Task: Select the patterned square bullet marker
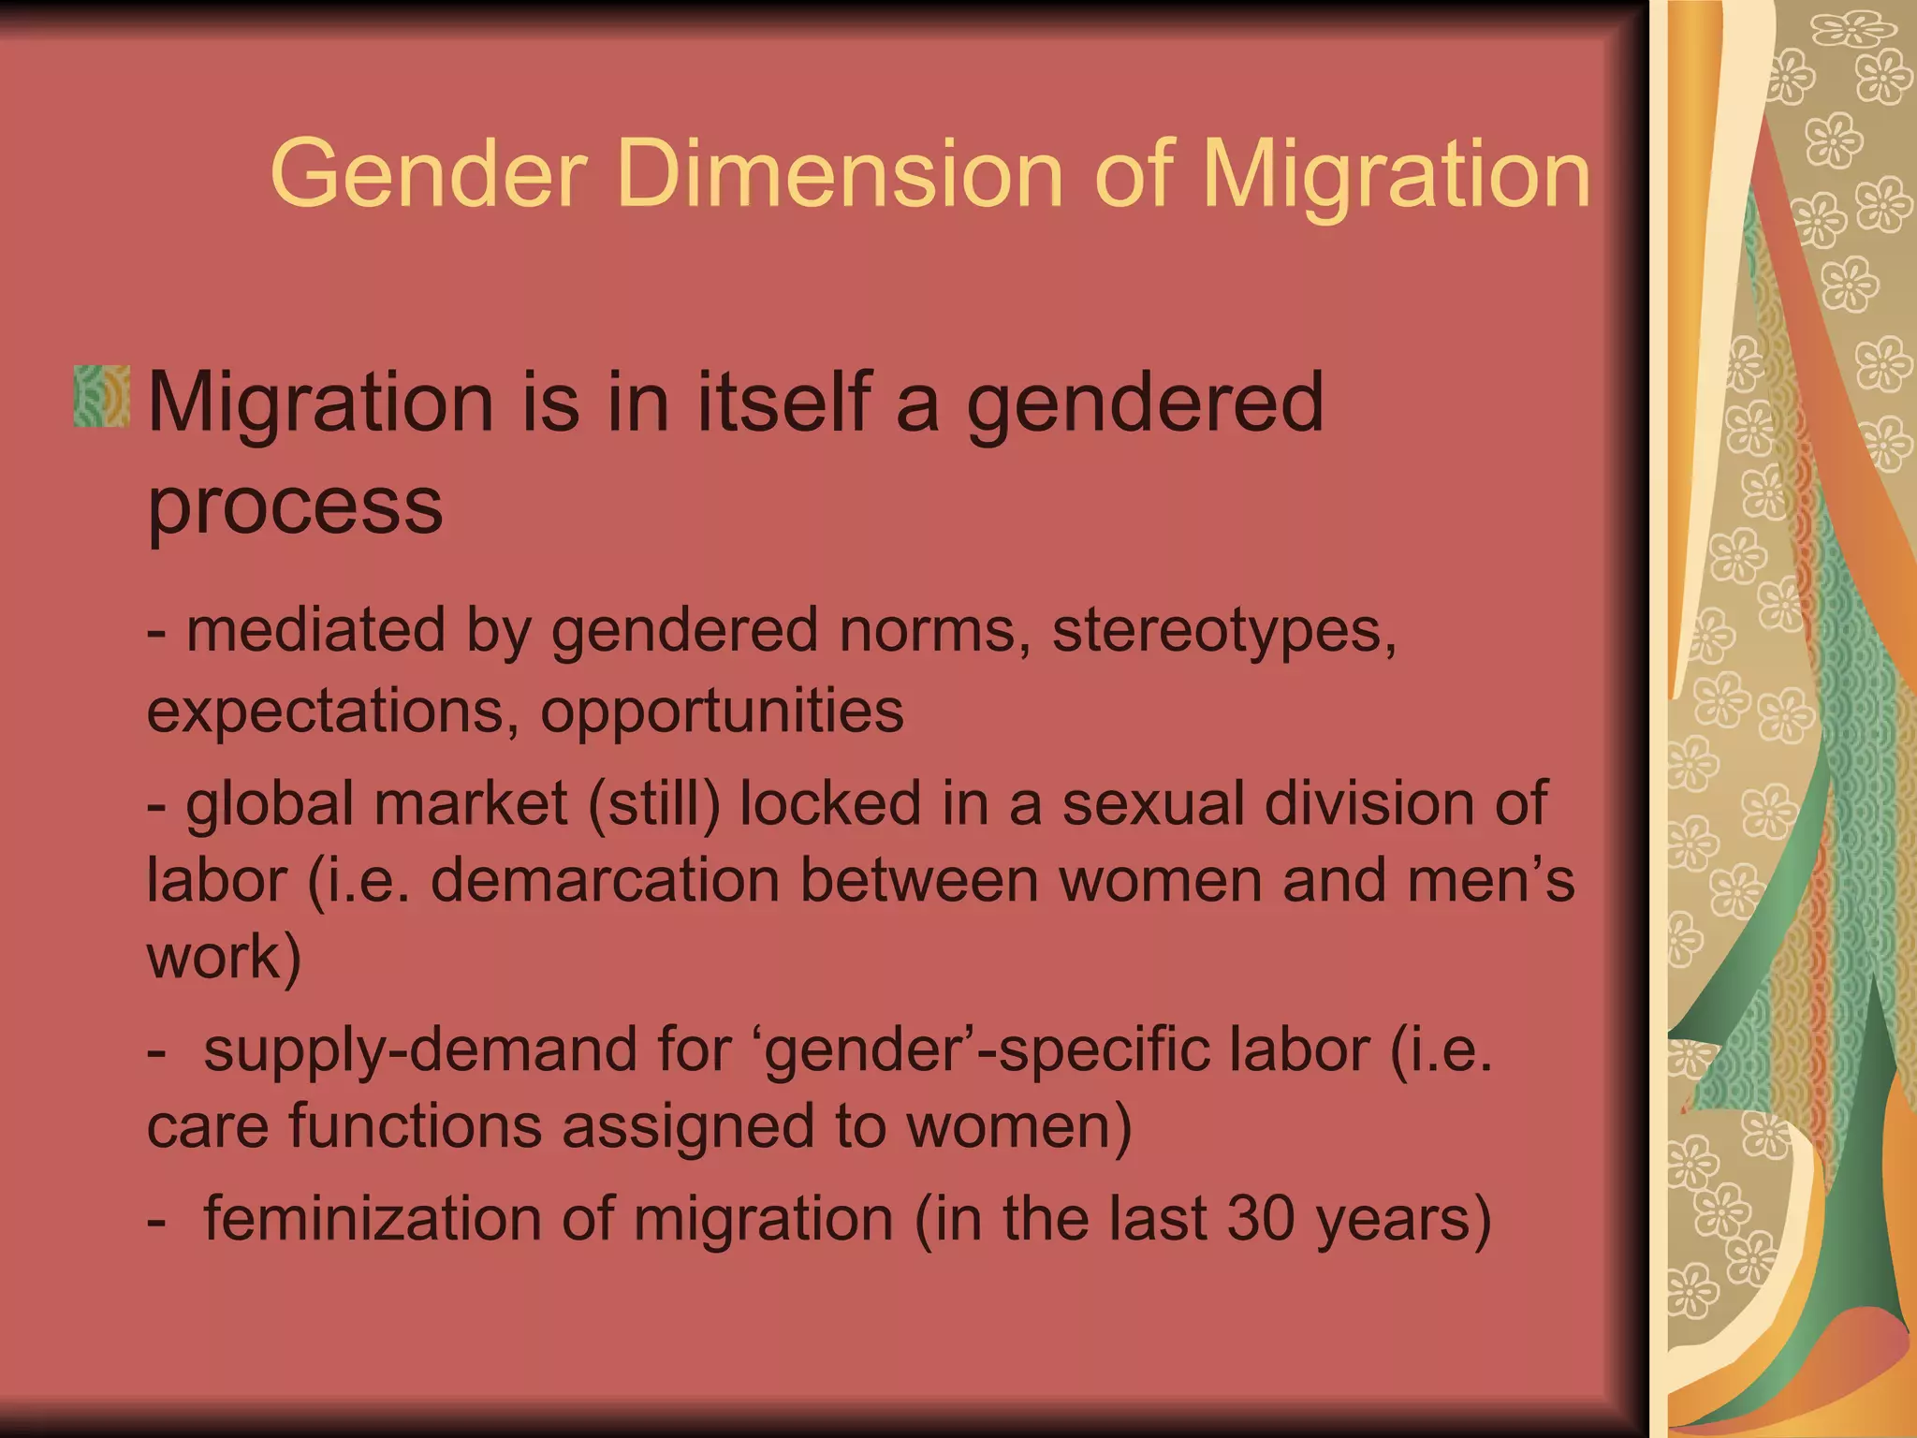click(101, 397)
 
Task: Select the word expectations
click(332, 712)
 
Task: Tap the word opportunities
click(722, 712)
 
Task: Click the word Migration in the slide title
click(1396, 175)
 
